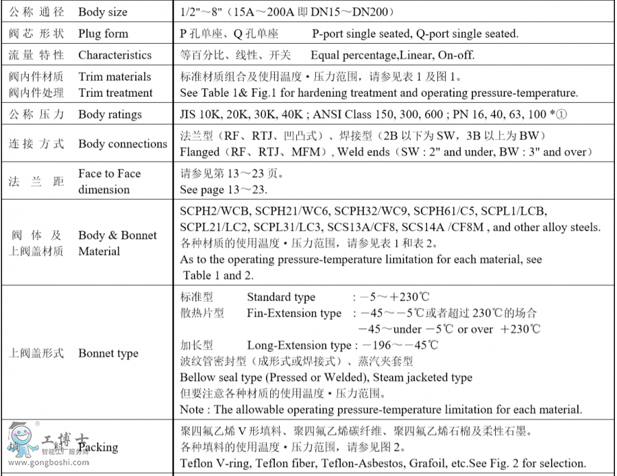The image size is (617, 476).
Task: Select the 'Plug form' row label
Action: coord(103,34)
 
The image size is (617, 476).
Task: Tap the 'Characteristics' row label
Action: coord(114,55)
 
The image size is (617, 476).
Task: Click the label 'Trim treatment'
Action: coord(115,93)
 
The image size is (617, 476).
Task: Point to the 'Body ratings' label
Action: coord(110,115)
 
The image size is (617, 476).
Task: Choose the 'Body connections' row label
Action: coord(123,144)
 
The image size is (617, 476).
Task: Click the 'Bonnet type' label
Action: coord(108,353)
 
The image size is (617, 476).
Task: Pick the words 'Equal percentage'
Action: coord(352,55)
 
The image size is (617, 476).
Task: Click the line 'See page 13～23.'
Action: coord(223,189)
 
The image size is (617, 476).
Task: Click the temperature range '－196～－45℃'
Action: coord(399,345)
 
